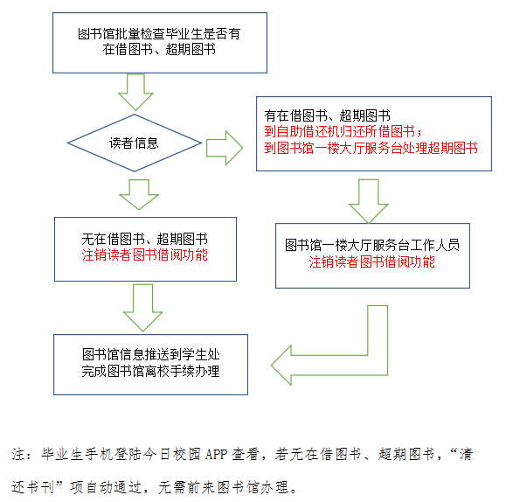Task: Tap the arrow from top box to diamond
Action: (x=135, y=92)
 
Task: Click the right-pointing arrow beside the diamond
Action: (x=225, y=148)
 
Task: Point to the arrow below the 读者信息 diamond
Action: (x=139, y=194)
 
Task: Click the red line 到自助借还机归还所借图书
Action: (x=343, y=131)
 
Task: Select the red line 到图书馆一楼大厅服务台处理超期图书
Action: (x=371, y=148)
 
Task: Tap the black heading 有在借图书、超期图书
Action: (x=327, y=115)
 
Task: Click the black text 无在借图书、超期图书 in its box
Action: (x=144, y=239)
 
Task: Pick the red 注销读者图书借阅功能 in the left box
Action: (x=144, y=254)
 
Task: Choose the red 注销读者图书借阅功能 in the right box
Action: (x=371, y=261)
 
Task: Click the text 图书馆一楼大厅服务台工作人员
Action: (x=372, y=245)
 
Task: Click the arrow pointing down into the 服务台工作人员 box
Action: (x=369, y=201)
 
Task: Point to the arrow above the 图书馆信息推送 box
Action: (x=143, y=308)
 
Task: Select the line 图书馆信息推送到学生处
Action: (x=150, y=354)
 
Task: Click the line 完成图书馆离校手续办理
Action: (x=150, y=371)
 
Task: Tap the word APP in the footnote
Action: (x=216, y=454)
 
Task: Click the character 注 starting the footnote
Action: (x=18, y=454)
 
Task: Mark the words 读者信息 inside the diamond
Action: (x=134, y=143)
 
